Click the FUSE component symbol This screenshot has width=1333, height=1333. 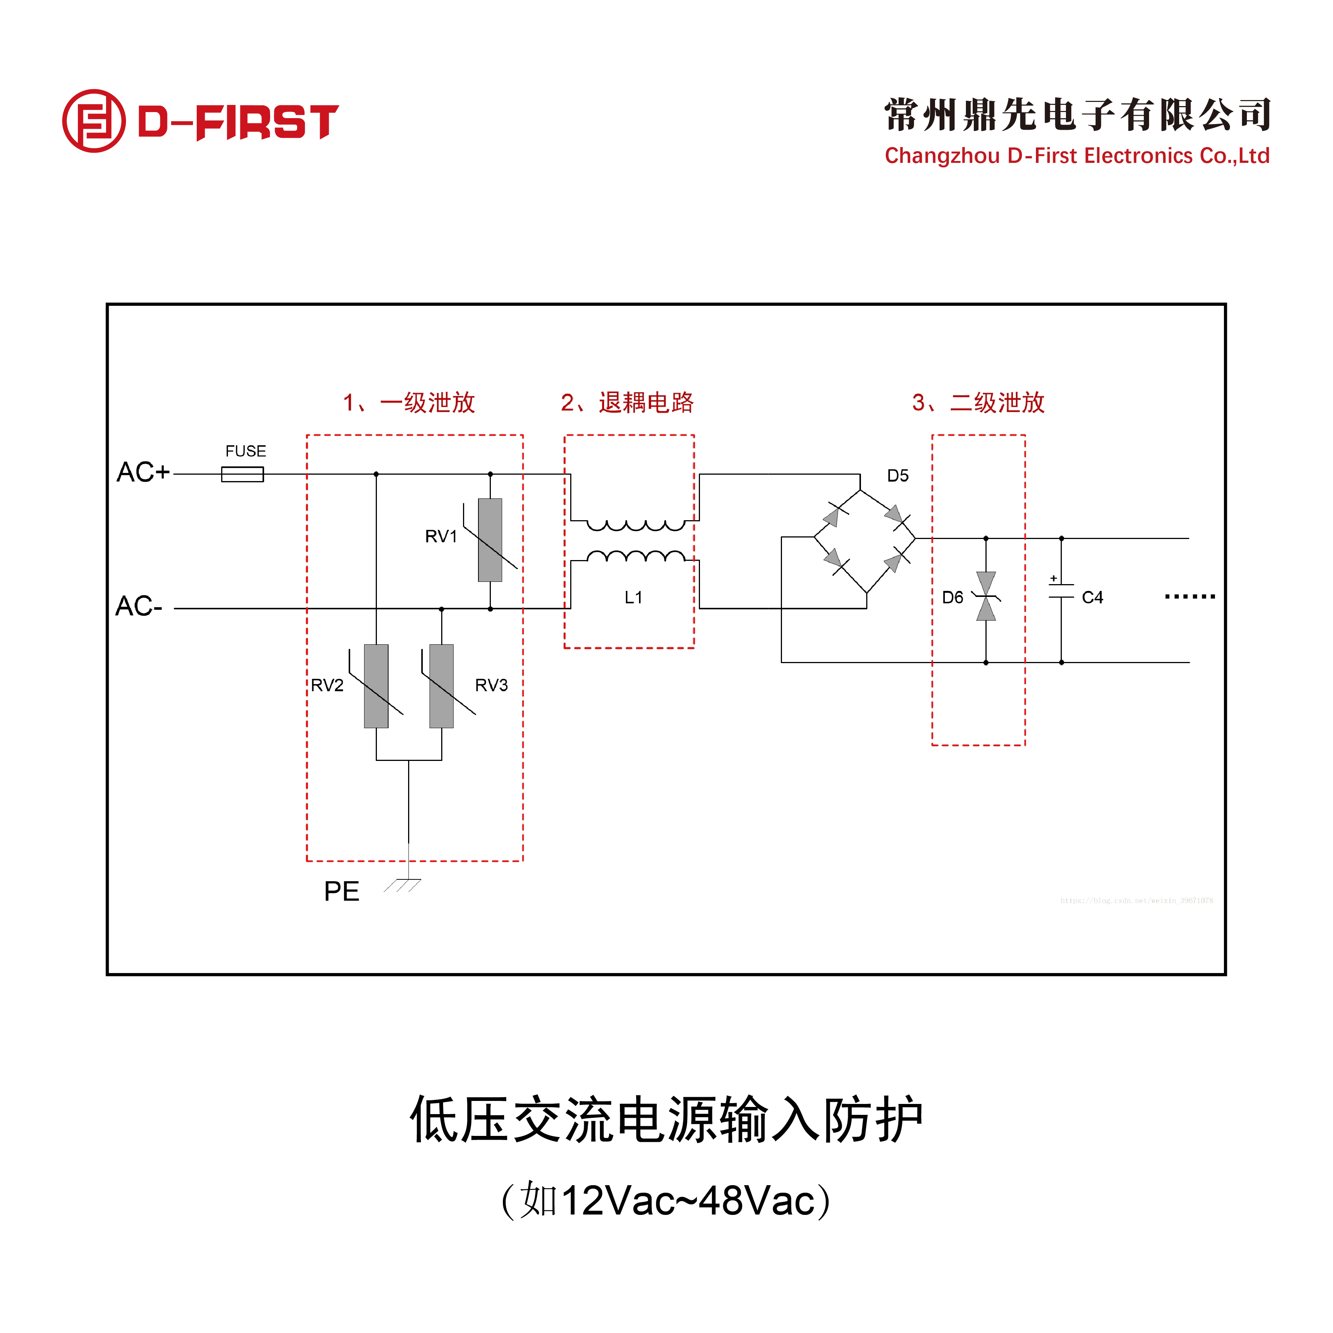click(x=242, y=474)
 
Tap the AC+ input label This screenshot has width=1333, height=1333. click(x=143, y=473)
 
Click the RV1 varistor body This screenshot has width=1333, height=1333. click(x=490, y=539)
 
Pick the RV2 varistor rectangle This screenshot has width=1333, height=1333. click(x=376, y=686)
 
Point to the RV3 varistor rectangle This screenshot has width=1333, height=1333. click(x=442, y=686)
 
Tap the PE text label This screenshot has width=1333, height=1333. click(x=342, y=891)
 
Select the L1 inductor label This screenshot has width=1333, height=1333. click(x=633, y=598)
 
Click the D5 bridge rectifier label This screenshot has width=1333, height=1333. click(x=898, y=475)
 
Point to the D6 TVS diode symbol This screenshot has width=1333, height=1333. click(x=986, y=596)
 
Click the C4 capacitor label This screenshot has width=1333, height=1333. click(x=1092, y=598)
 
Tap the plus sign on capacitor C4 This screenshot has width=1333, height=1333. click(x=1054, y=578)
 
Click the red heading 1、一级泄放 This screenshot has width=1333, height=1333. click(x=409, y=402)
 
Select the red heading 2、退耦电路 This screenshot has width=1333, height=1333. click(x=627, y=402)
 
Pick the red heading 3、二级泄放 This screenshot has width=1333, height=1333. click(x=978, y=402)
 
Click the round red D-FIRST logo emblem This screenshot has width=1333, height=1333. click(x=94, y=121)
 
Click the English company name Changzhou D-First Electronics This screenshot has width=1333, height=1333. click(x=1077, y=156)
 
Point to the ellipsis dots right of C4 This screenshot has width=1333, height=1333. click(x=1189, y=596)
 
